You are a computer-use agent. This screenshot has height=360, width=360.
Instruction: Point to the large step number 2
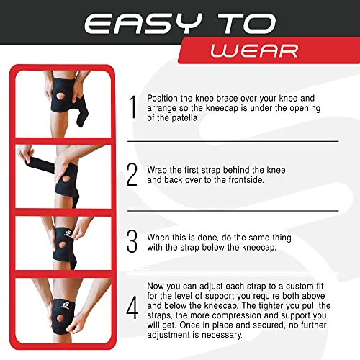132,174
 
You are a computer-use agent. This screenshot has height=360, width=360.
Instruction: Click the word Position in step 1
161,96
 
